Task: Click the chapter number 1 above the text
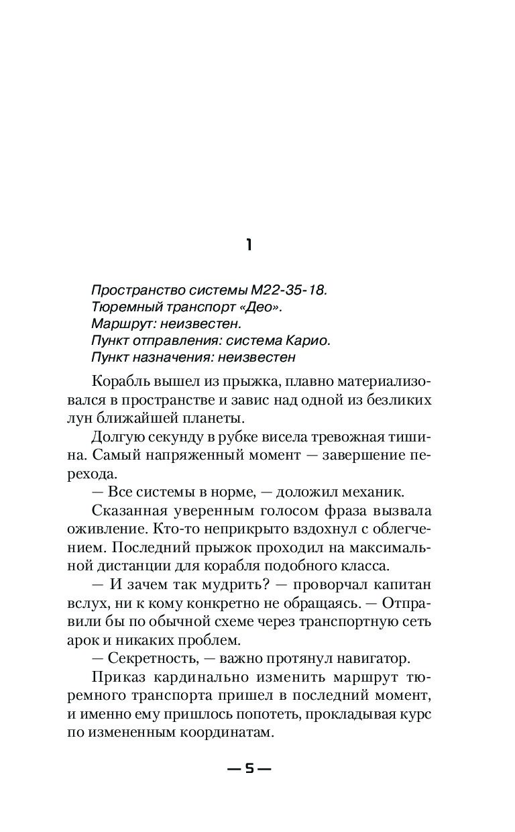pos(249,246)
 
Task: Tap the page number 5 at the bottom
pos(249,769)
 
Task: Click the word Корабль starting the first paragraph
pos(118,382)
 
